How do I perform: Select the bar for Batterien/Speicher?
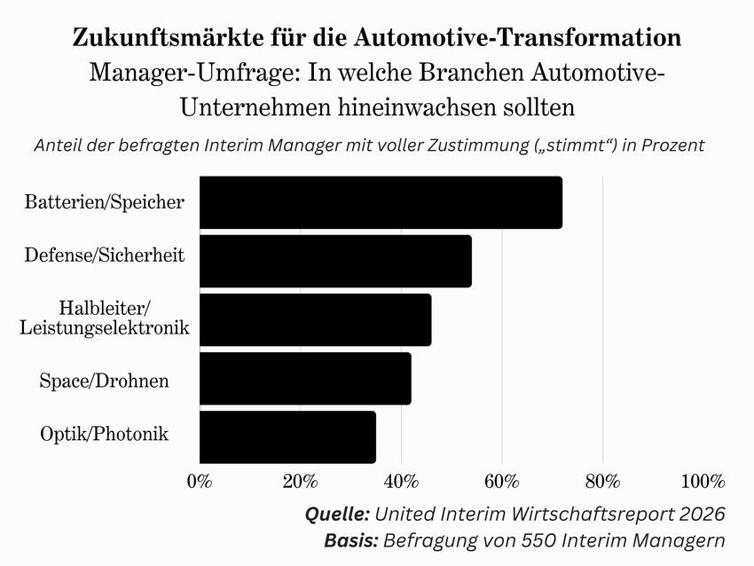381,202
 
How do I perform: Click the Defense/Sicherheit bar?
335,261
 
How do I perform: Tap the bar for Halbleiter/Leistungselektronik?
316,319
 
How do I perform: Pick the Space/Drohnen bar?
305,379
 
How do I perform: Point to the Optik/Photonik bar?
287,437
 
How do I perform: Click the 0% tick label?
200,482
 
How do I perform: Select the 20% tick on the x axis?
300,482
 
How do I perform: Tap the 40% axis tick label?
401,482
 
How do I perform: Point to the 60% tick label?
502,482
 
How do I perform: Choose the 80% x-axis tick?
602,482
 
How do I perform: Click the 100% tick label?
703,482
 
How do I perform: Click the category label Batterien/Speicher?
105,202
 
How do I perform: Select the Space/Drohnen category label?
105,381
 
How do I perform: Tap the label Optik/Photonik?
105,434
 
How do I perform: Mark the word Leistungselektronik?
105,328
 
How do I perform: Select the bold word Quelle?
337,514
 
